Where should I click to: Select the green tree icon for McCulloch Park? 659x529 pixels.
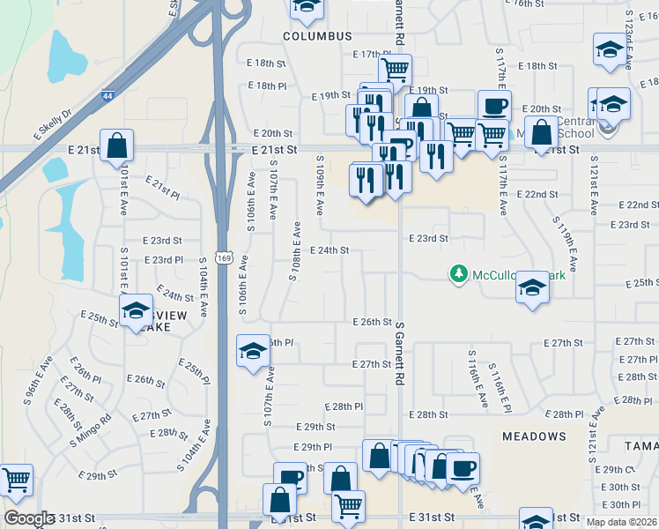[x=458, y=275]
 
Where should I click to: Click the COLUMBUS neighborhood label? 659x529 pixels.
[x=317, y=36]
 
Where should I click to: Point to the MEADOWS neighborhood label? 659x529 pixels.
[x=534, y=436]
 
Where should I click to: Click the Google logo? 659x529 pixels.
[x=29, y=518]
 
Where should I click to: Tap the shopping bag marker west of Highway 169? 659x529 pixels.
[x=116, y=145]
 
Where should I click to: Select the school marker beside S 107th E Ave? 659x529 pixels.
[x=253, y=351]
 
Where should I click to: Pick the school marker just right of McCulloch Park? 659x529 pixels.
[x=532, y=287]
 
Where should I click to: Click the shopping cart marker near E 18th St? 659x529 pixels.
[x=395, y=68]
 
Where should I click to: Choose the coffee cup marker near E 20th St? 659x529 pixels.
[x=494, y=105]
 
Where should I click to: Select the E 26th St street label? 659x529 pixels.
[x=371, y=323]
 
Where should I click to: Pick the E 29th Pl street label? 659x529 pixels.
[x=312, y=448]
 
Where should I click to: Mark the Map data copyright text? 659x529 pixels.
[x=622, y=522]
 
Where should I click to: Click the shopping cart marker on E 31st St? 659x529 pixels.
[x=349, y=506]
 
